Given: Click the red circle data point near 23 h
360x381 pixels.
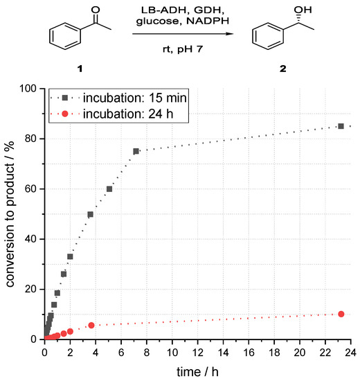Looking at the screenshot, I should (340, 314).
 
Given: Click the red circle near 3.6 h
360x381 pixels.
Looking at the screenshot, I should (91, 325).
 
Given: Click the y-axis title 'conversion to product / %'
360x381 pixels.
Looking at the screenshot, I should (10, 213).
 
